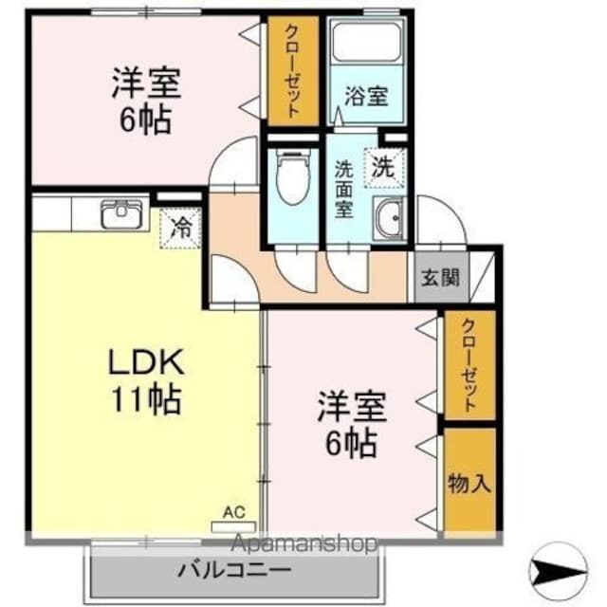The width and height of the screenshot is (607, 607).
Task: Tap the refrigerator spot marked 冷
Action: pyautogui.click(x=179, y=227)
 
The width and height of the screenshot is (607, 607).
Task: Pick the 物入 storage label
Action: pyautogui.click(x=469, y=483)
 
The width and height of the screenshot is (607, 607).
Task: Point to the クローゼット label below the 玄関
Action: pyautogui.click(x=469, y=365)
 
